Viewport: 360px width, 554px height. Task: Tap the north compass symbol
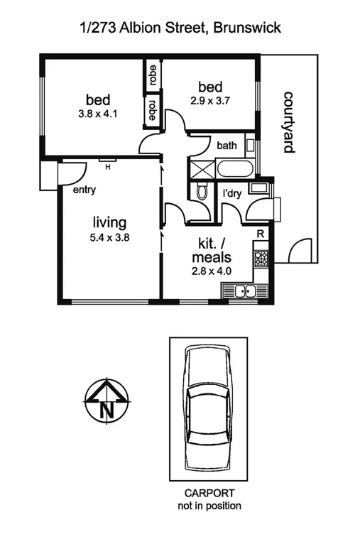106,401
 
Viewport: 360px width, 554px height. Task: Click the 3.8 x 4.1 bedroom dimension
99,112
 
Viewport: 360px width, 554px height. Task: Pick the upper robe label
153,75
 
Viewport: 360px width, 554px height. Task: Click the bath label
227,146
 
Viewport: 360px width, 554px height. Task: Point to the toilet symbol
202,191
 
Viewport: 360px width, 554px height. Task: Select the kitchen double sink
244,290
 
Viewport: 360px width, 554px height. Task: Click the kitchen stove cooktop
261,259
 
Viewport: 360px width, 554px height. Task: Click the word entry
84,190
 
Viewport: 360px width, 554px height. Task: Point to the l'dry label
231,193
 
